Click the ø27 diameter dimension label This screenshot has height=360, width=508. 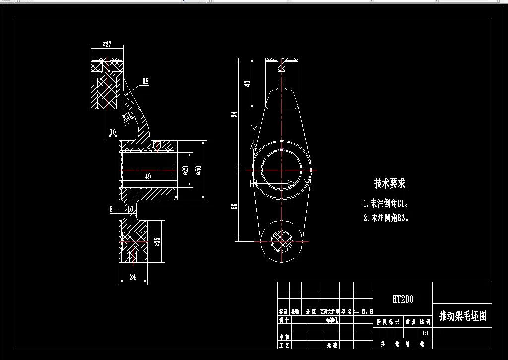tap(107, 44)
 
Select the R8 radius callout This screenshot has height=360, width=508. tap(145, 82)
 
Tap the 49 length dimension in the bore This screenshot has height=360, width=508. tap(147, 176)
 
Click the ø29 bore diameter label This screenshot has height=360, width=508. tap(185, 170)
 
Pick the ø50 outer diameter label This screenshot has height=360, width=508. tap(198, 170)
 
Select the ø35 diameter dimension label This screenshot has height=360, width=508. tap(157, 242)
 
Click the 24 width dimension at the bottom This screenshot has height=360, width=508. tap(133, 277)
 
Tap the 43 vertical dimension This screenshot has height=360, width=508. tap(248, 83)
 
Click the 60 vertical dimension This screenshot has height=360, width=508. tap(235, 206)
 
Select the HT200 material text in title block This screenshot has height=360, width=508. tap(402, 299)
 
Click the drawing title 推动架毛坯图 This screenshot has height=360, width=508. tap(462, 316)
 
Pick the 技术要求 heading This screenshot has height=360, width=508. tap(389, 183)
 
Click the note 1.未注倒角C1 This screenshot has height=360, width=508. tap(388, 203)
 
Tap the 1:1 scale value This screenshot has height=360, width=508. tap(426, 333)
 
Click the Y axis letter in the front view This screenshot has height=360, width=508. tap(254, 131)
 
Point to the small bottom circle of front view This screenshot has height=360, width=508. tap(281, 241)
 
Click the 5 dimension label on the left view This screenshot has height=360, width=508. tap(111, 209)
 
